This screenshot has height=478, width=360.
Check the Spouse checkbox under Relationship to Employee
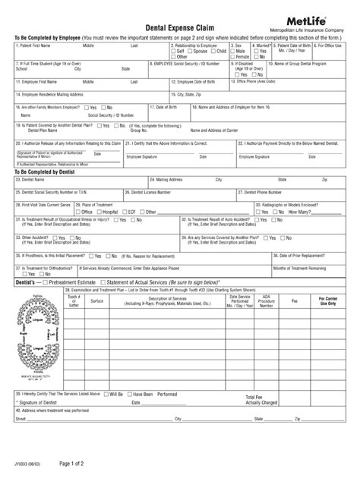point(191,51)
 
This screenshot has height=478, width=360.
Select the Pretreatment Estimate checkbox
point(45,281)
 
